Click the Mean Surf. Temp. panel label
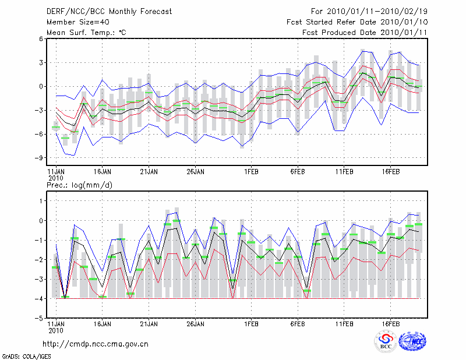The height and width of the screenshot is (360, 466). tap(86, 33)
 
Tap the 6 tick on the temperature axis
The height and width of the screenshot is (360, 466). tap(41, 39)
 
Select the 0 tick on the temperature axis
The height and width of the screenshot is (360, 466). tap(41, 86)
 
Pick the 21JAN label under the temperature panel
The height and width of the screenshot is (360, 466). tap(149, 172)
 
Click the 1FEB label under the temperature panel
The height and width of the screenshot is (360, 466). tap(251, 172)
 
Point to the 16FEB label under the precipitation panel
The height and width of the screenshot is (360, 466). tap(391, 322)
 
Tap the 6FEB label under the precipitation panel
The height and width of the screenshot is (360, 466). tap(298, 322)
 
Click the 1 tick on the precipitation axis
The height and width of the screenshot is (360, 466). tap(41, 201)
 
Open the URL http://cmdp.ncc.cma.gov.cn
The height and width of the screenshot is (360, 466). tap(96, 344)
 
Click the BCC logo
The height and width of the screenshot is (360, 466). tap(386, 342)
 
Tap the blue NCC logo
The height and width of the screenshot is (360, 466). tap(412, 342)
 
